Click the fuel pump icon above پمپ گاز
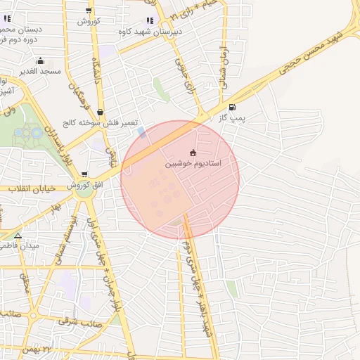click(x=232, y=108)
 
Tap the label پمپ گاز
click(x=232, y=118)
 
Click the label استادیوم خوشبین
click(x=193, y=163)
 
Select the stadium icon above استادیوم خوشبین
click(x=193, y=153)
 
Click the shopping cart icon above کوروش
click(x=89, y=11)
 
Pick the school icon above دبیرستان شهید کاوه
click(x=149, y=21)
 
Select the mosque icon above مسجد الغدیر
click(x=40, y=60)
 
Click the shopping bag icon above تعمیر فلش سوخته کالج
click(x=100, y=112)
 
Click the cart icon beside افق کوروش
click(x=84, y=174)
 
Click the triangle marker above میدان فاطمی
click(x=18, y=236)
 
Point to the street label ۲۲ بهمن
click(x=56, y=349)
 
